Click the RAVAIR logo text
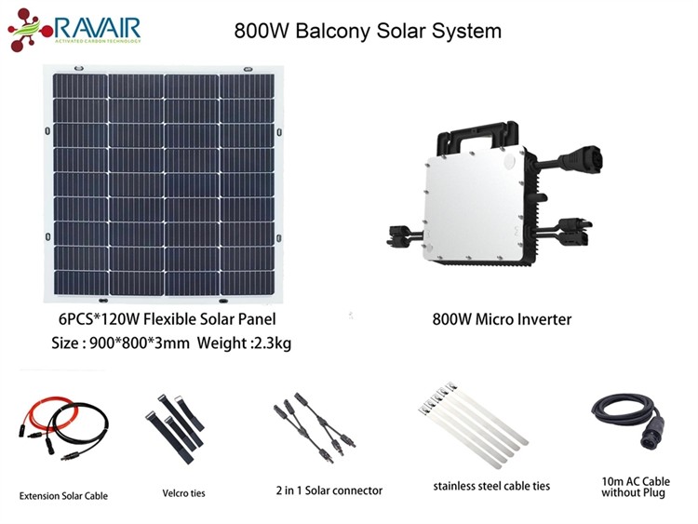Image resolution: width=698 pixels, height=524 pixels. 98,27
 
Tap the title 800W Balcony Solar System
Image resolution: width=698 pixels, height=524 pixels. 368,31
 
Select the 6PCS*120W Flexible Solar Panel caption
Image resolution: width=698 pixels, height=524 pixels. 167,318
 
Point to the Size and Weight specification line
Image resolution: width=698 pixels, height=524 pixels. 171,343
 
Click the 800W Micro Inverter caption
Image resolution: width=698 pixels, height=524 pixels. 502,319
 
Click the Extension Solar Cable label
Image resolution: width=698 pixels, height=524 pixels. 63,495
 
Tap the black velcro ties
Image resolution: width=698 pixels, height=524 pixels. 175,427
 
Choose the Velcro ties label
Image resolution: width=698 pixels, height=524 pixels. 183,493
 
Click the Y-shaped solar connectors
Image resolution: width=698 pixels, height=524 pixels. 315,426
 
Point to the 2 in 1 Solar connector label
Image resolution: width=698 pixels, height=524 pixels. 329,490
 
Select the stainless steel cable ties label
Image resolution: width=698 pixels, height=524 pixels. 491,486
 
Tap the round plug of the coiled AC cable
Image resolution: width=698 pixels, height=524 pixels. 653,435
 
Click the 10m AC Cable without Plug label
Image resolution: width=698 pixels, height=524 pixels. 636,487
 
